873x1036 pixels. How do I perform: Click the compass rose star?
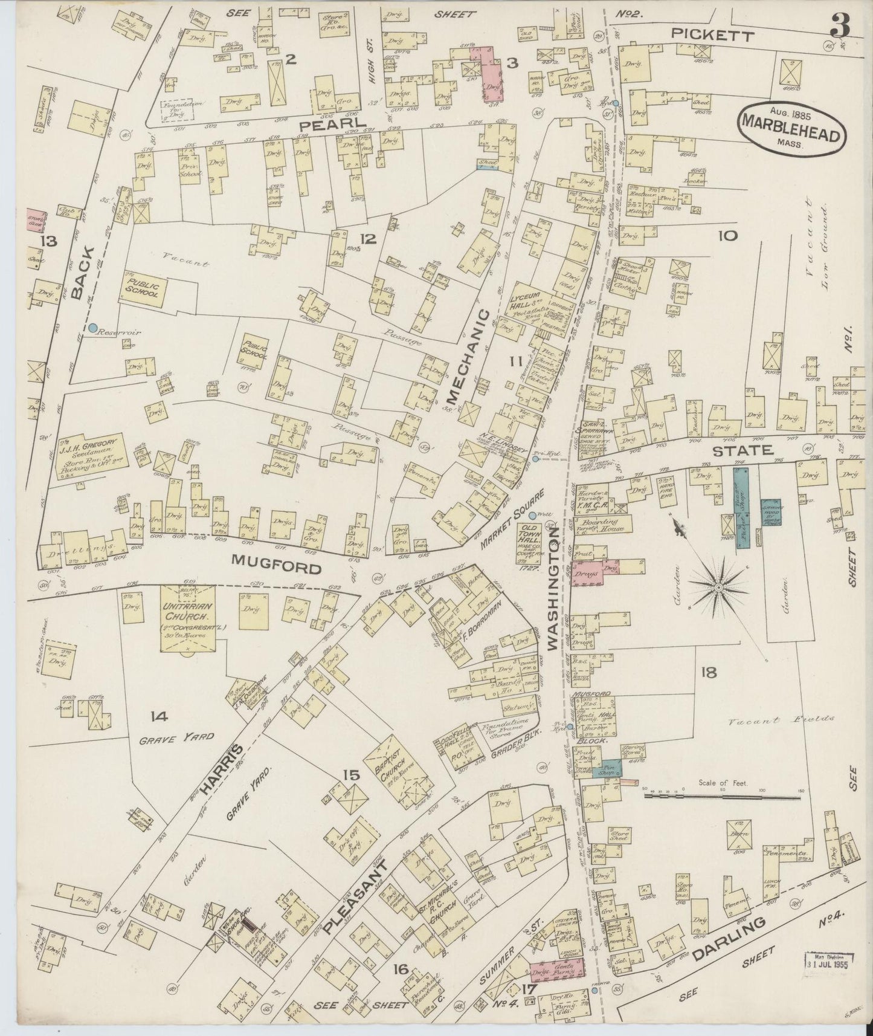(718, 587)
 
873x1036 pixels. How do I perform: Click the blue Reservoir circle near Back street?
(92, 328)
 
